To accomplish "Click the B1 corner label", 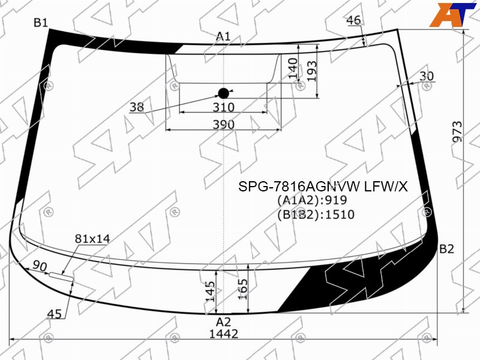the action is click(41, 22).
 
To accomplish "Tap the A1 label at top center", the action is click(223, 37).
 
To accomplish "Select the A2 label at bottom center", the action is click(223, 322).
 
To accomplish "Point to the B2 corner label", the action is click(446, 249).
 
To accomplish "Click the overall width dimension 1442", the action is click(223, 334).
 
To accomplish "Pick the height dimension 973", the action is click(457, 131).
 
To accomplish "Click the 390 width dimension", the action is click(223, 125).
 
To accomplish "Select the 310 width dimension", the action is click(223, 107).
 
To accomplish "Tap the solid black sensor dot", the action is click(223, 94).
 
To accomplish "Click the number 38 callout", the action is click(137, 107).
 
